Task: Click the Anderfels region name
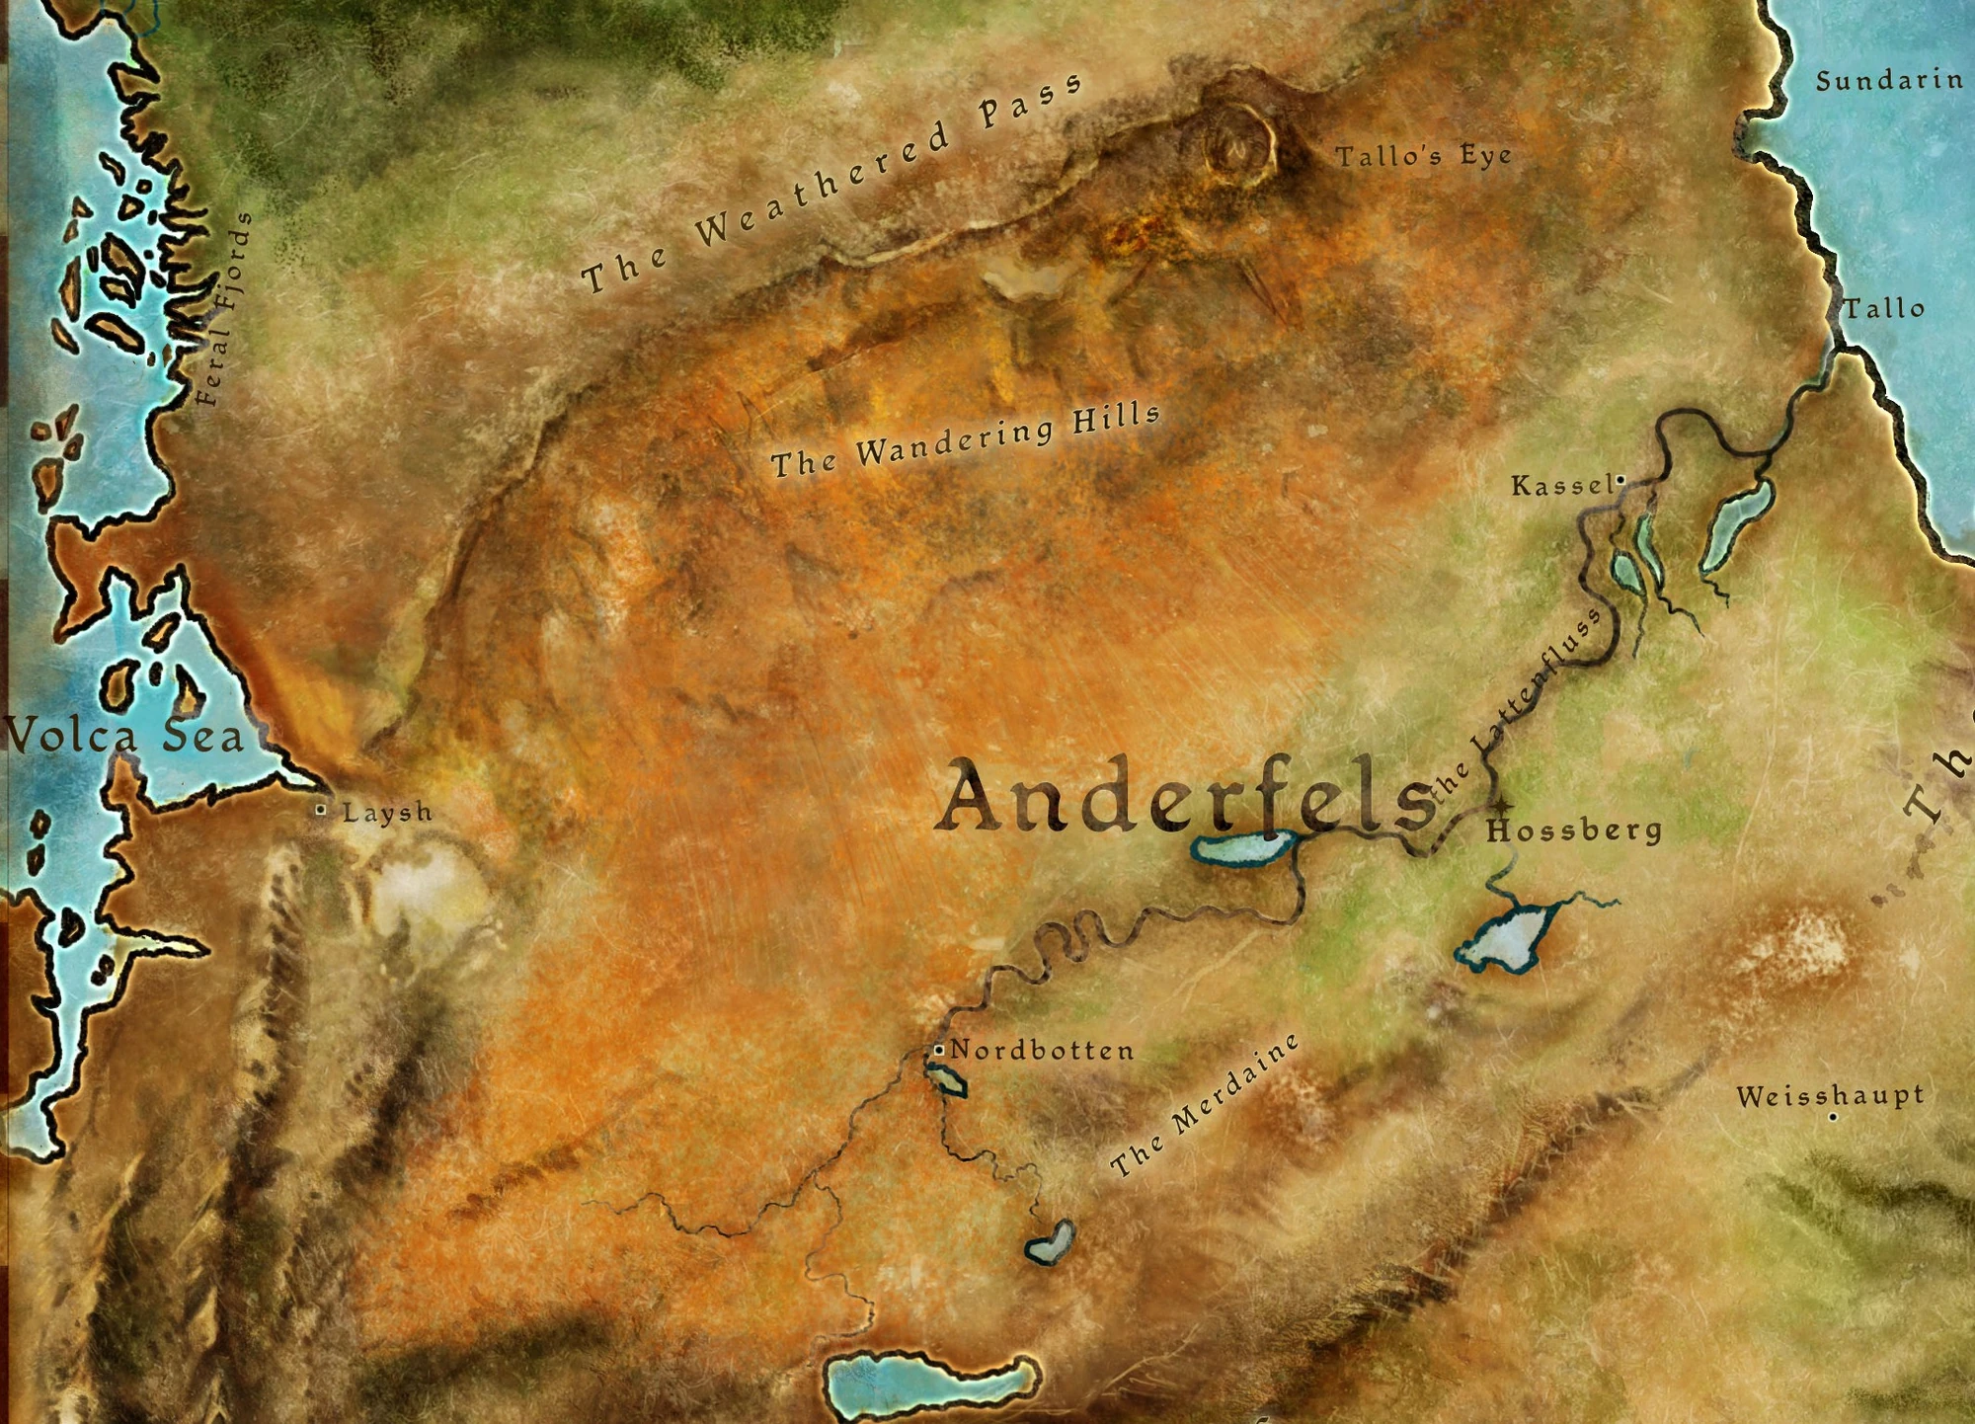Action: tap(1185, 796)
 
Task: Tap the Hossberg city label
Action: tap(1574, 831)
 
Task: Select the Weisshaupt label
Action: tap(1830, 1095)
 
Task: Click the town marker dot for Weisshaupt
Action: tap(1833, 1118)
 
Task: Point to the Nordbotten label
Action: tap(1042, 1051)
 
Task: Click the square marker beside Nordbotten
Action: tap(938, 1050)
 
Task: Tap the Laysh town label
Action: tap(387, 813)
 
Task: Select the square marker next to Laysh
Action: tap(321, 810)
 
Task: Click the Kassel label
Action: tap(1561, 486)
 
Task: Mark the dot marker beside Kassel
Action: tap(1620, 480)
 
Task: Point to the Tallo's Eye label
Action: tap(1423, 156)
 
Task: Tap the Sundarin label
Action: tap(1889, 81)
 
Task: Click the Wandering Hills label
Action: tap(965, 439)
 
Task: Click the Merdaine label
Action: tap(1205, 1106)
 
